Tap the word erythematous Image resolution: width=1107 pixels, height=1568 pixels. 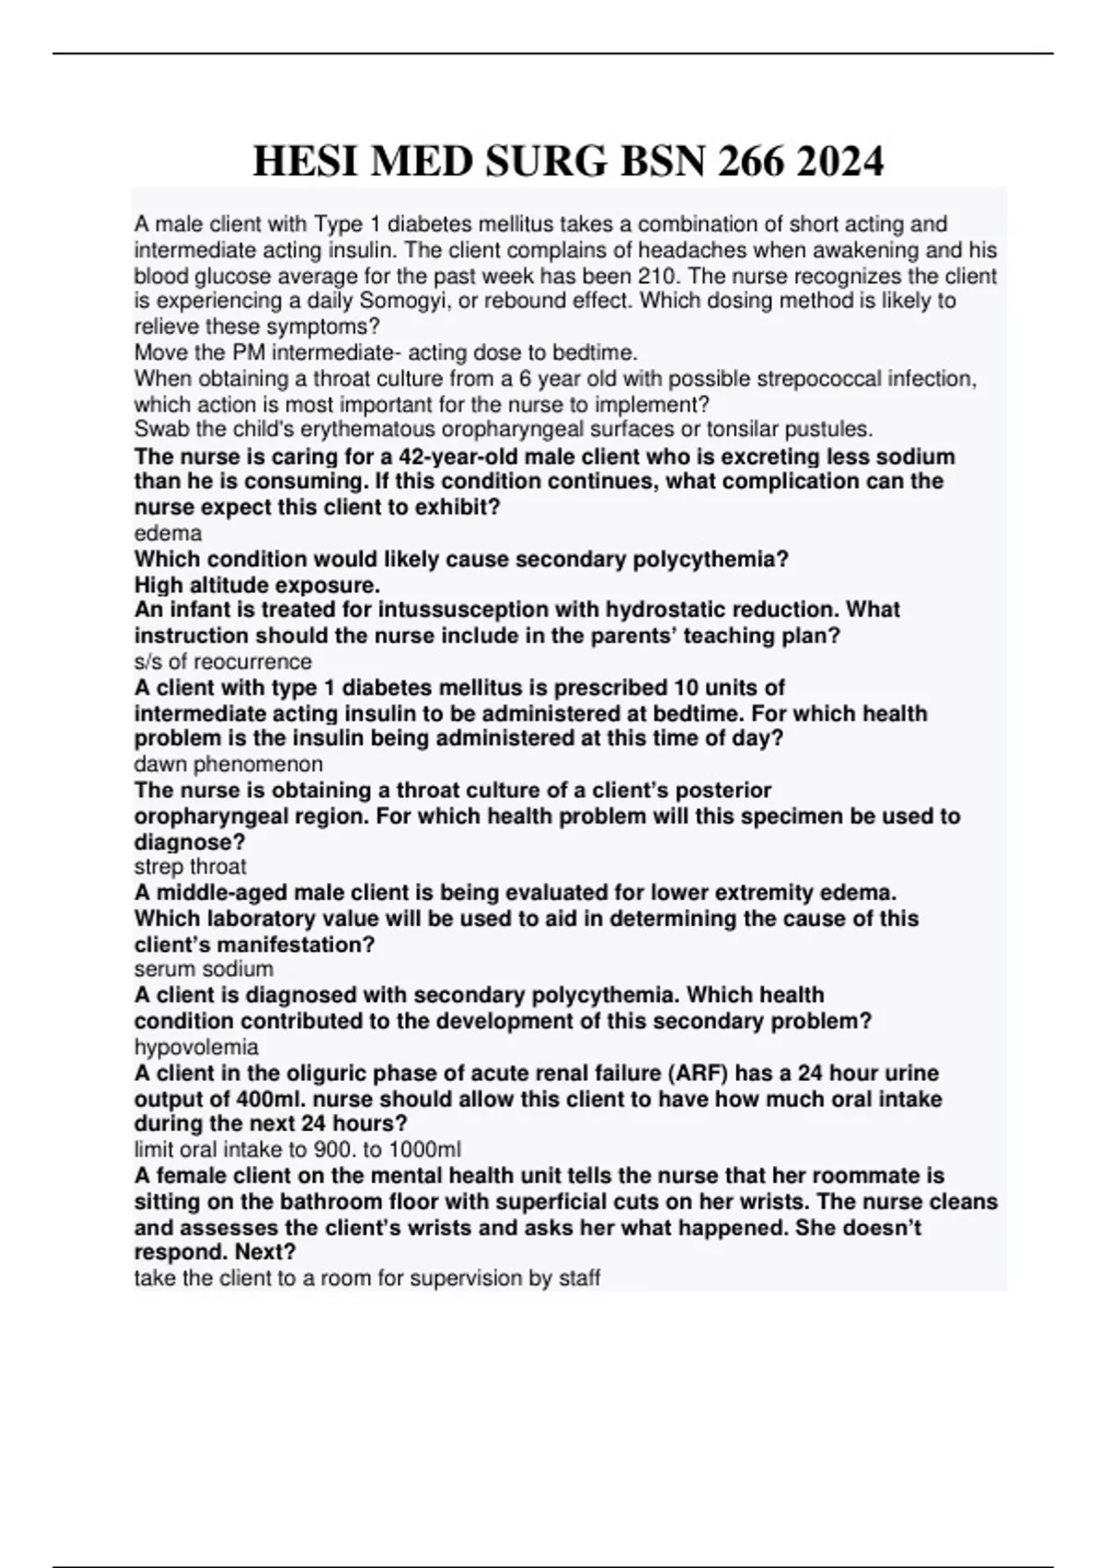355,430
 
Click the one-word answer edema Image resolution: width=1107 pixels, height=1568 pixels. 168,533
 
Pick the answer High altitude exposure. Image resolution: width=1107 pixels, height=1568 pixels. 257,585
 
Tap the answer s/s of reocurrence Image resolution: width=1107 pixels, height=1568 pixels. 223,661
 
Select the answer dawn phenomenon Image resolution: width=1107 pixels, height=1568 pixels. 229,764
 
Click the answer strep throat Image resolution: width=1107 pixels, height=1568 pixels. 190,867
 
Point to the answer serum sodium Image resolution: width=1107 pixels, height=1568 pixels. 204,969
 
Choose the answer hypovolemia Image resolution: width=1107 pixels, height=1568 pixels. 196,1047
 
